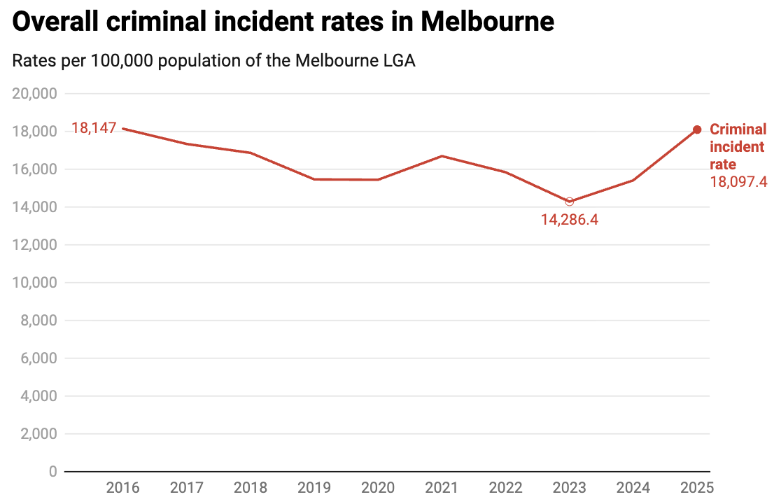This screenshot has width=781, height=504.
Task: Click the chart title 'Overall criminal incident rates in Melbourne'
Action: pyautogui.click(x=283, y=22)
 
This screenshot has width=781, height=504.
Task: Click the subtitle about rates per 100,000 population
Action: pyautogui.click(x=213, y=61)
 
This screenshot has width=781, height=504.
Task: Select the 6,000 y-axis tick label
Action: pyautogui.click(x=38, y=358)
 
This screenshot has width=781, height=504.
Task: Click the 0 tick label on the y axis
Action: pyautogui.click(x=52, y=472)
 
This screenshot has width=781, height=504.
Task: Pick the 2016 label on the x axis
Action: pyautogui.click(x=122, y=487)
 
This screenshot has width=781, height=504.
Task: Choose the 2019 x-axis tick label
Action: pyautogui.click(x=314, y=487)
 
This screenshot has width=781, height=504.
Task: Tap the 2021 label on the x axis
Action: pyautogui.click(x=442, y=487)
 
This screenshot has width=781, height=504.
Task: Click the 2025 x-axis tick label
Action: pyautogui.click(x=696, y=487)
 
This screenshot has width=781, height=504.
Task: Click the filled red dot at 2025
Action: pyautogui.click(x=697, y=129)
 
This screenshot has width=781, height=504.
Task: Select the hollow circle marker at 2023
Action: pyautogui.click(x=570, y=202)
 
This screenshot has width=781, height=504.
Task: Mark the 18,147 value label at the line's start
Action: pyautogui.click(x=93, y=129)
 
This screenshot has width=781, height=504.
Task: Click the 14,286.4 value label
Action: pyautogui.click(x=570, y=219)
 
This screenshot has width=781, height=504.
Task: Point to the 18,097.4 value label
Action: pyautogui.click(x=738, y=182)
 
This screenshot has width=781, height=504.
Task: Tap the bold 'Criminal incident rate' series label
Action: pyautogui.click(x=738, y=147)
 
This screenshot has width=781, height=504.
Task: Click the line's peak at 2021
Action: pyautogui.click(x=442, y=156)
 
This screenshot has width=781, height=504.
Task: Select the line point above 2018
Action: pyautogui.click(x=251, y=153)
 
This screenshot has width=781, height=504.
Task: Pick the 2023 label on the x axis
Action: pyautogui.click(x=569, y=487)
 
